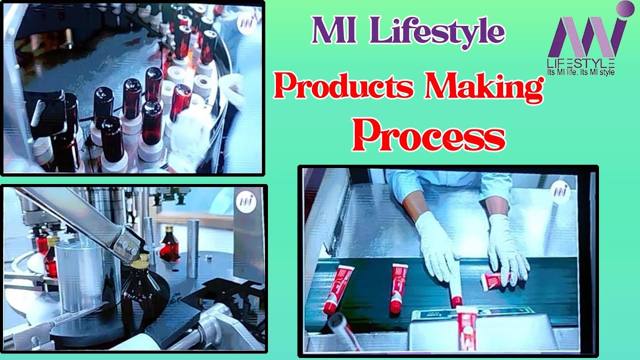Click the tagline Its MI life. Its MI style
click(581, 72)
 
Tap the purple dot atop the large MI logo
click(625, 8)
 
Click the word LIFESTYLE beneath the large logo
click(580, 63)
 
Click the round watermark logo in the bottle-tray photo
click(246, 23)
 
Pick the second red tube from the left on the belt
click(398, 287)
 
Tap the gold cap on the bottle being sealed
click(139, 260)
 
